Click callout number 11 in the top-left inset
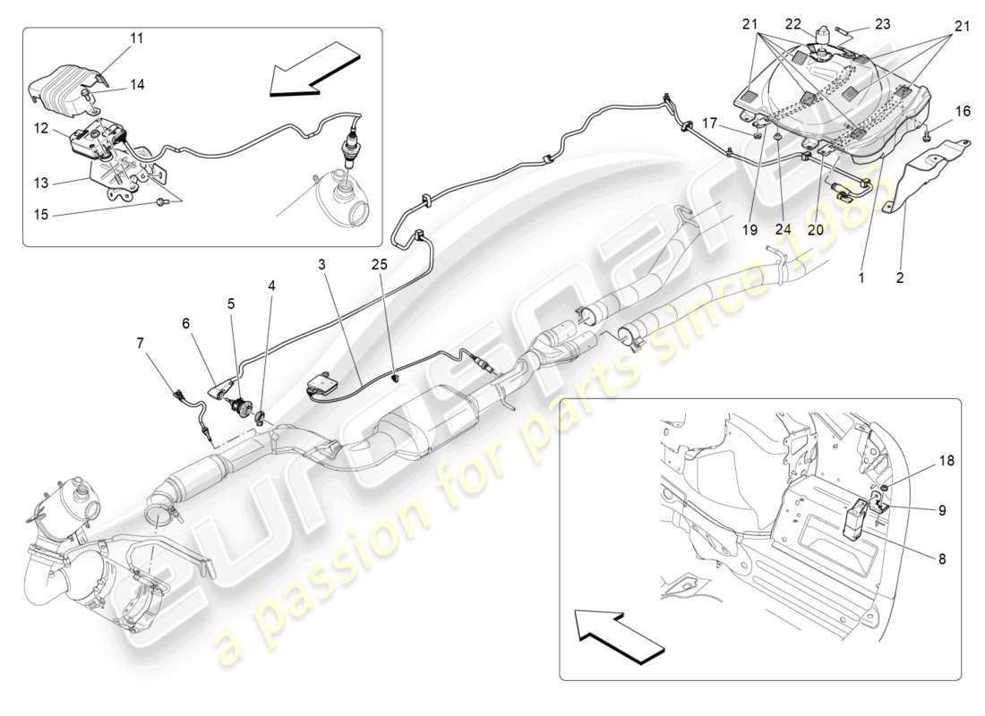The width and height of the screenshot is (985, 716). point(136,38)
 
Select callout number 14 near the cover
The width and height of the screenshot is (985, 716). point(136,85)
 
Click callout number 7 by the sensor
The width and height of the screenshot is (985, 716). point(139,342)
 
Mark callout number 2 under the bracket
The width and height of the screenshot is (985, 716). point(900,278)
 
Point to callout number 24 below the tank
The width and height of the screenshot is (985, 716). point(782,228)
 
